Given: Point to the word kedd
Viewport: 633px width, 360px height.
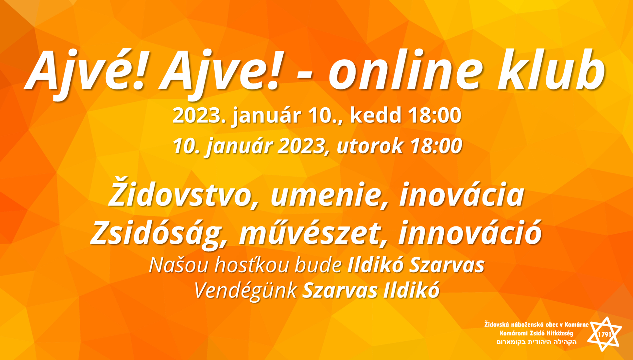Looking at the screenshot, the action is pyautogui.click(x=376, y=115).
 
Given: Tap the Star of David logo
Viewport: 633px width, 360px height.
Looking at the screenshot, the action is pyautogui.click(x=604, y=334).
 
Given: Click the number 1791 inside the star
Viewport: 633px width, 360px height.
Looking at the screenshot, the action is pyautogui.click(x=604, y=334).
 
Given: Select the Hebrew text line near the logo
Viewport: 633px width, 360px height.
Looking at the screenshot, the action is pyautogui.click(x=536, y=342).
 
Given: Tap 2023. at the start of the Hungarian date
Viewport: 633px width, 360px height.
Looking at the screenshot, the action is pyautogui.click(x=199, y=115).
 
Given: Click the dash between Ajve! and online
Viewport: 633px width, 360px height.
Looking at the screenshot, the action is pyautogui.click(x=304, y=77).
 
